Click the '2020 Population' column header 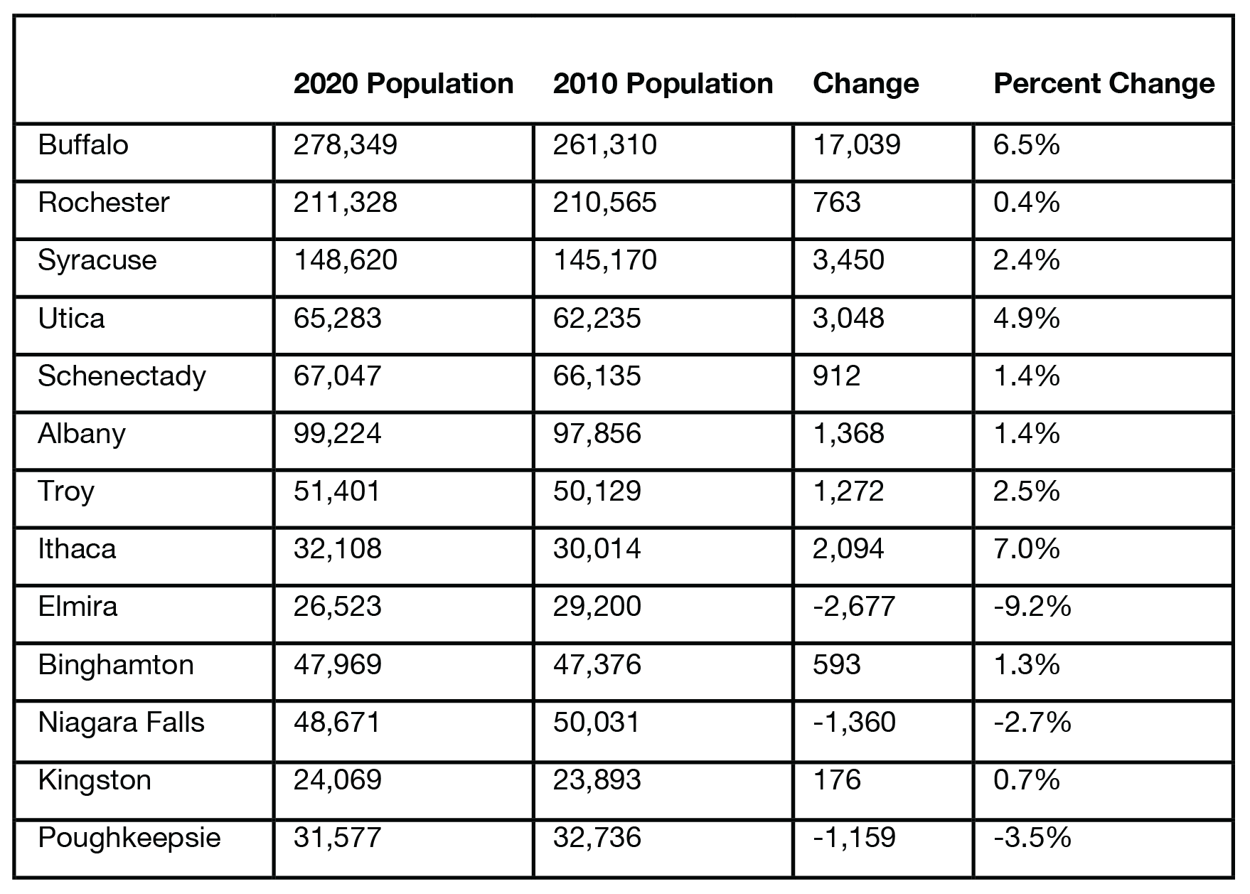403,84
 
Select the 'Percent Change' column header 1104,84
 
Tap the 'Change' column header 866,84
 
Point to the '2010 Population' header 663,84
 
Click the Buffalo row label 83,145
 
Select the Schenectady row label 122,376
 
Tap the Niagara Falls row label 121,723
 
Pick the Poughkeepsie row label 129,838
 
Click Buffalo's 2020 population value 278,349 346,145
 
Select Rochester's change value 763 837,203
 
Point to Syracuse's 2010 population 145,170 605,260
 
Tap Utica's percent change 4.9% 1027,318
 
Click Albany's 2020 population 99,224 338,434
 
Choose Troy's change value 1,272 849,491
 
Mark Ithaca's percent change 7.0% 1027,549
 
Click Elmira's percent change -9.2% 1032,607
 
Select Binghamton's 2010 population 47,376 597,665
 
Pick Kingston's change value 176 837,780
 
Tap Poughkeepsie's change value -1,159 855,838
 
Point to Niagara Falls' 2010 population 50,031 597,723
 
